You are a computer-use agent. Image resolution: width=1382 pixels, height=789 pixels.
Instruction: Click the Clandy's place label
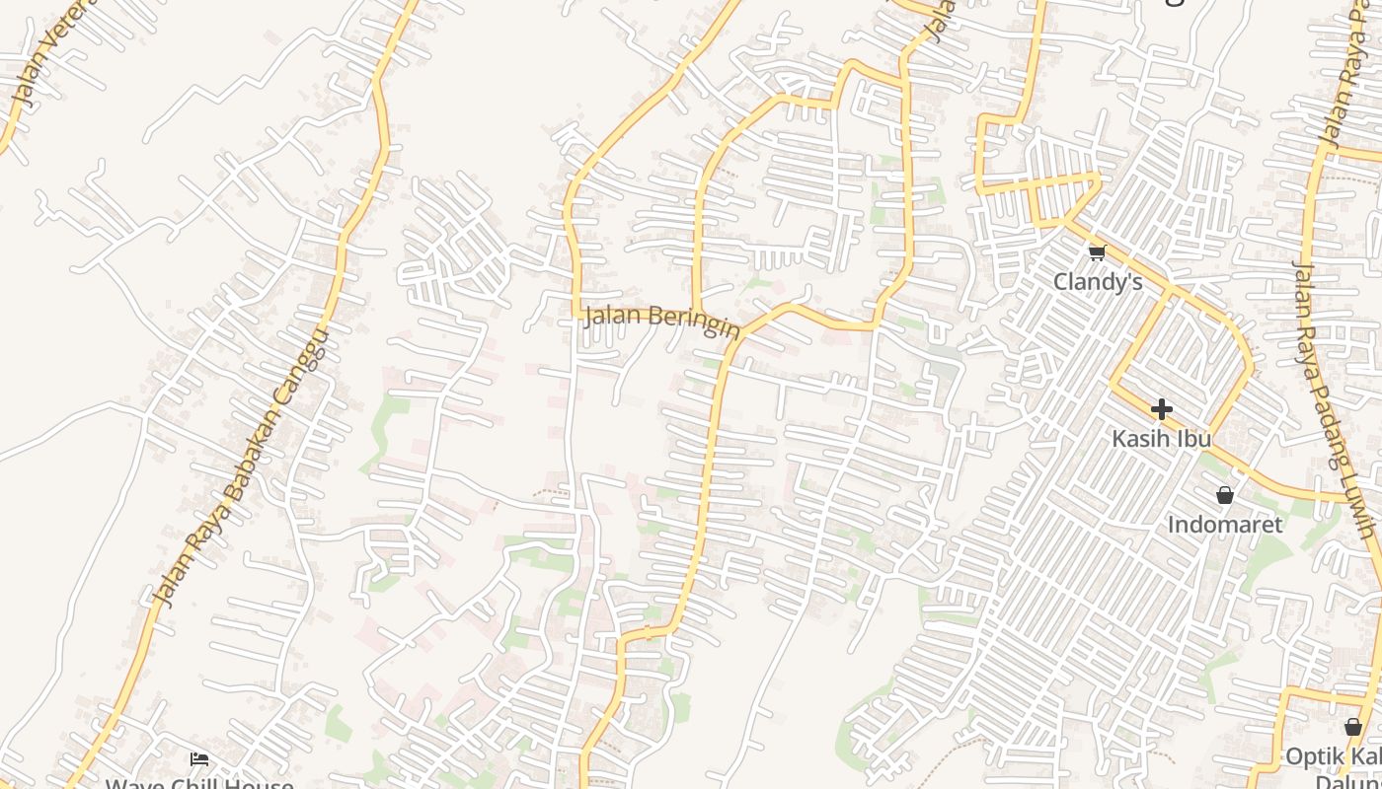point(1098,282)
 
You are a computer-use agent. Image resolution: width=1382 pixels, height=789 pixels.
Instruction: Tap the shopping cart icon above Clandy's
point(1097,253)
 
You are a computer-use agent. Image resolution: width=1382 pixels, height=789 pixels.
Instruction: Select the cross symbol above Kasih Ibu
point(1161,408)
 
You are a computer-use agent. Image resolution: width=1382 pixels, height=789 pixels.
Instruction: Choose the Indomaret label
point(1225,525)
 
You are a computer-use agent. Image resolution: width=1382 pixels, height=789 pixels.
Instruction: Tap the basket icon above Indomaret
point(1225,495)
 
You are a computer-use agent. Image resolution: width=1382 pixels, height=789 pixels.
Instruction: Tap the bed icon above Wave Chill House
point(199,759)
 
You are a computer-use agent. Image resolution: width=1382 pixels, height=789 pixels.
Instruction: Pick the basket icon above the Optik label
point(1352,728)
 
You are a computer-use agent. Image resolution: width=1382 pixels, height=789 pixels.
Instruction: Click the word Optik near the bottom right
point(1309,757)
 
